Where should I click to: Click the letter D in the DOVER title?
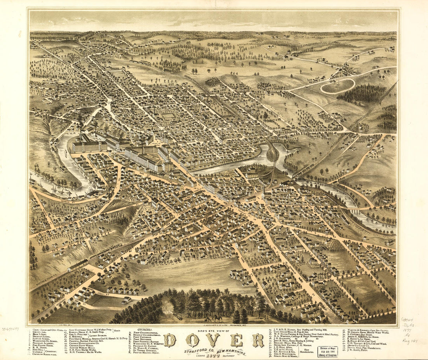pos(170,341)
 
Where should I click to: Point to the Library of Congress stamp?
pos(327,351)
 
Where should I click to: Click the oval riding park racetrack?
pos(337,86)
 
